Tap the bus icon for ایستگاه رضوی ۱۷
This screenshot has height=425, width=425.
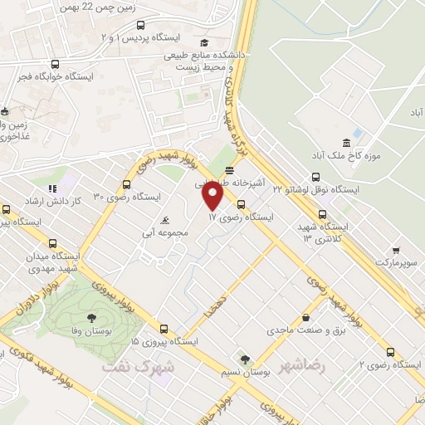click(x=241, y=204)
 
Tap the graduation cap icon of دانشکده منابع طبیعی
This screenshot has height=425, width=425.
click(x=203, y=43)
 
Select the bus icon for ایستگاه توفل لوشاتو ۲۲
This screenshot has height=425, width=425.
click(x=315, y=177)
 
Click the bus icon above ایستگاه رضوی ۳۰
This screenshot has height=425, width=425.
click(x=128, y=184)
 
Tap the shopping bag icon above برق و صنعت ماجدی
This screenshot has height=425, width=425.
click(x=306, y=317)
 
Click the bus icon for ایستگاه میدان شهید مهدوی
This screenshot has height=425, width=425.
click(x=55, y=245)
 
